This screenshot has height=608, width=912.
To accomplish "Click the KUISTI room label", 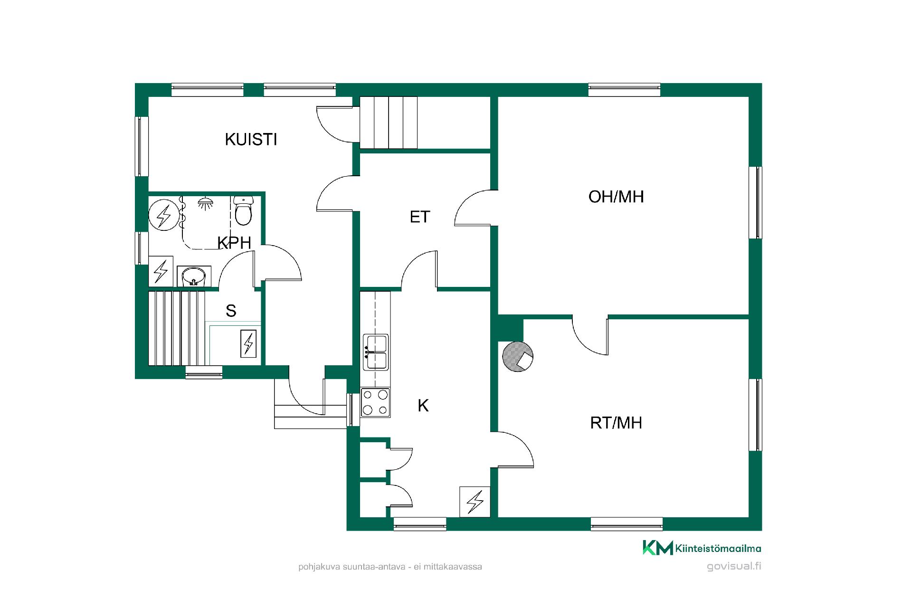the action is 251,139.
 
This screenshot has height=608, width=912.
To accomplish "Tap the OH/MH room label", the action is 616,196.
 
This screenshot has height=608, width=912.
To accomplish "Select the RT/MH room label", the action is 616,422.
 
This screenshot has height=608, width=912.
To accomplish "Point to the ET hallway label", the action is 420,217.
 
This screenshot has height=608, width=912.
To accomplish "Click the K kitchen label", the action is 423,405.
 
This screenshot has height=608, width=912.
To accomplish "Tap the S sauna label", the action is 231,311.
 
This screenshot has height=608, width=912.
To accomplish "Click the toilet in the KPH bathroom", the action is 243,211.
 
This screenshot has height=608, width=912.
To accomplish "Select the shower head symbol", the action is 206,203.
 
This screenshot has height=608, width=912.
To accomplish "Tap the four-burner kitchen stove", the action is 375,403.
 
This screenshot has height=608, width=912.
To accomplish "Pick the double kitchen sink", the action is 376,352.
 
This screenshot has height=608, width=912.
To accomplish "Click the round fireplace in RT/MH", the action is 518,357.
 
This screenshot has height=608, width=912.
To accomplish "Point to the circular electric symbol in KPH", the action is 163,216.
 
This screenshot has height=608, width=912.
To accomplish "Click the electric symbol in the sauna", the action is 248,343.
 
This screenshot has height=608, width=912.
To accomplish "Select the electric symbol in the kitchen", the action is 475,501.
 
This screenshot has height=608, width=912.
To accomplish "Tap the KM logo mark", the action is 658,548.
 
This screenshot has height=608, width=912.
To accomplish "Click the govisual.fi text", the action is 734,566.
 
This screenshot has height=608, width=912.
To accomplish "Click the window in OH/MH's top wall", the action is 624,90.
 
